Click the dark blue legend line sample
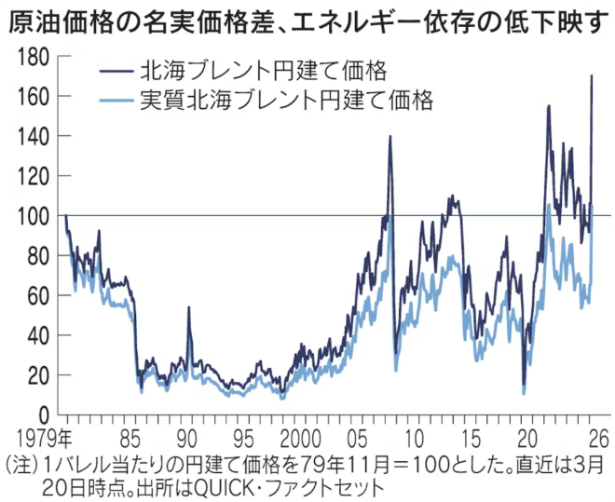click(116, 71)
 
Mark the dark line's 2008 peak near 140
click(389, 137)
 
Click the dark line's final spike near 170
click(593, 76)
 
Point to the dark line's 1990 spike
click(189, 307)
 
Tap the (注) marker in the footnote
click(21, 464)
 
